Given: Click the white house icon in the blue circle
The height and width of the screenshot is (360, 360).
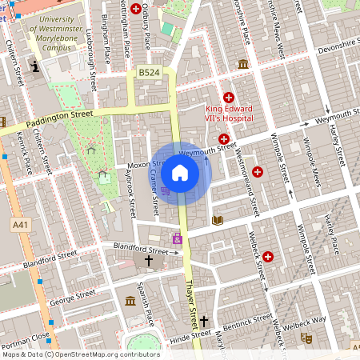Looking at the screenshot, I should coord(180,173).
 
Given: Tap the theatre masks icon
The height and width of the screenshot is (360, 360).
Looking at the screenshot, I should coord(305,338).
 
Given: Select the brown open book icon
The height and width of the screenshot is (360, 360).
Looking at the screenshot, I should coord(217,220).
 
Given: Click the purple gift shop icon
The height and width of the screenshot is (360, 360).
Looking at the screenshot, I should coord(177,238).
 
